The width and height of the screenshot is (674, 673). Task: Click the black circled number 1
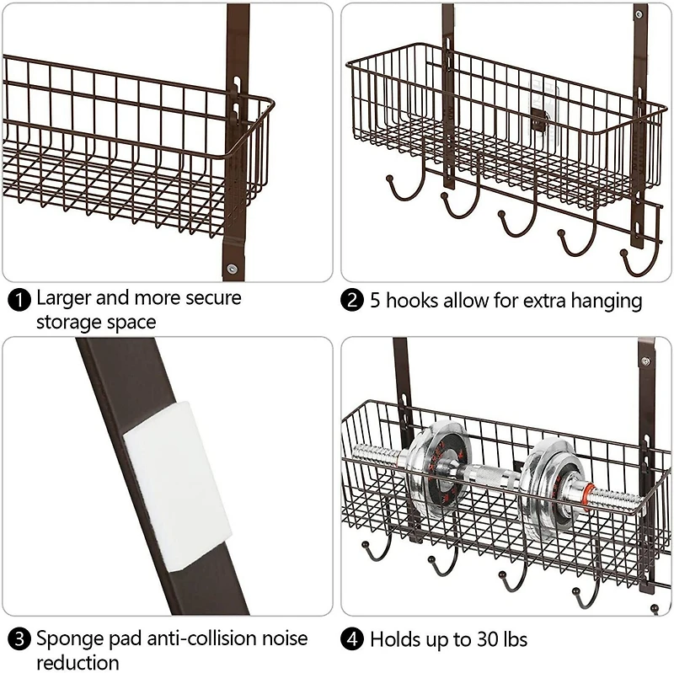[19, 299]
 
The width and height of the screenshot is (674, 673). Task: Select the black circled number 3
[19, 638]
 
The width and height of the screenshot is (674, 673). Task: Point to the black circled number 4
[355, 640]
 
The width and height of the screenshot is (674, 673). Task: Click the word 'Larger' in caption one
[67, 298]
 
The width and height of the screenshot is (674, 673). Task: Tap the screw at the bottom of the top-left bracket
[231, 269]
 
